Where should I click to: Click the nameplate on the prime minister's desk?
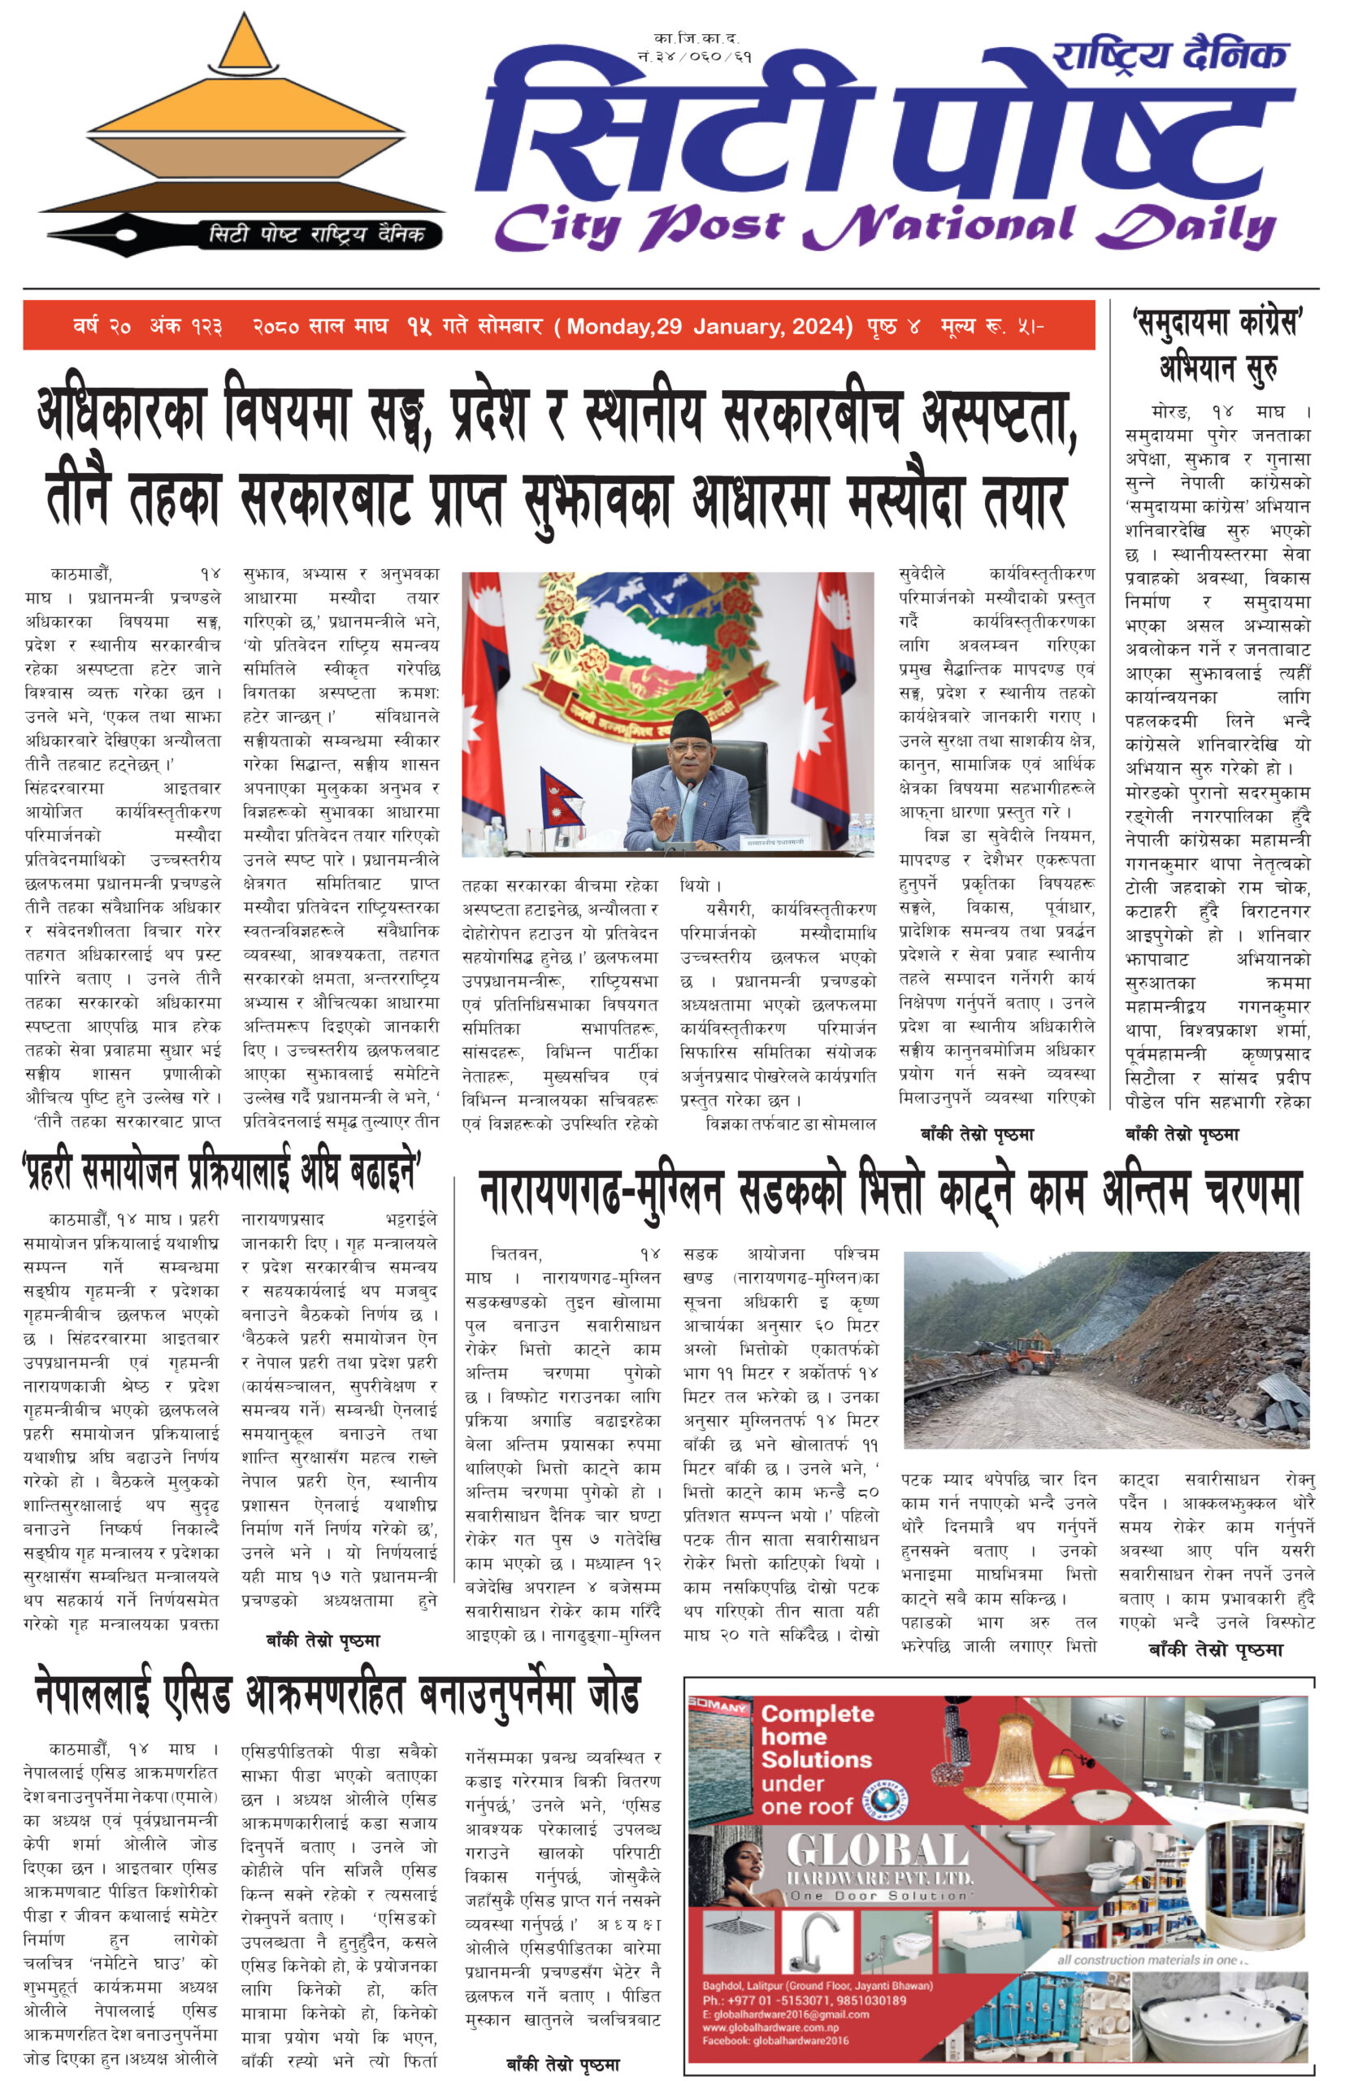tap(774, 841)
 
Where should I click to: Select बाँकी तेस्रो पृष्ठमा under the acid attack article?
tap(562, 2065)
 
